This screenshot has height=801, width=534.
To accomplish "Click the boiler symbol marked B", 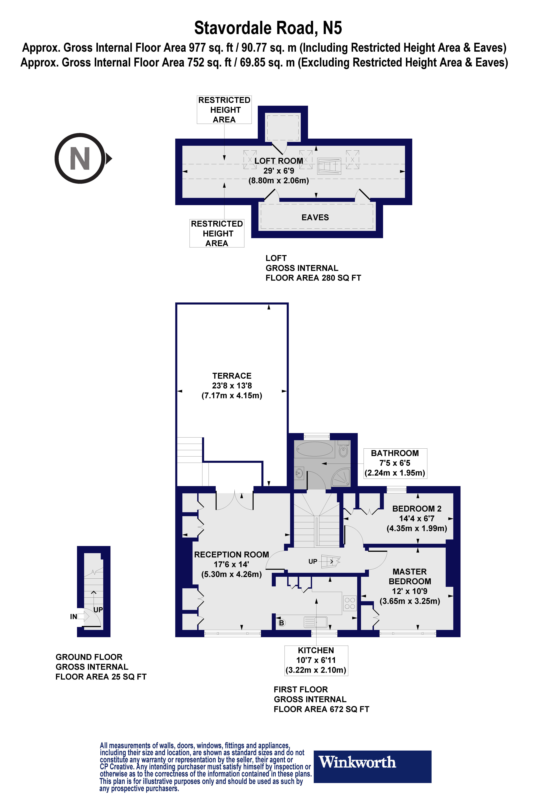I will pos(281,623).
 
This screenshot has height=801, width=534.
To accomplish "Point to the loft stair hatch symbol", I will pos(329,166).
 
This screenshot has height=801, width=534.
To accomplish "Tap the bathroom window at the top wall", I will pos(317,436).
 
